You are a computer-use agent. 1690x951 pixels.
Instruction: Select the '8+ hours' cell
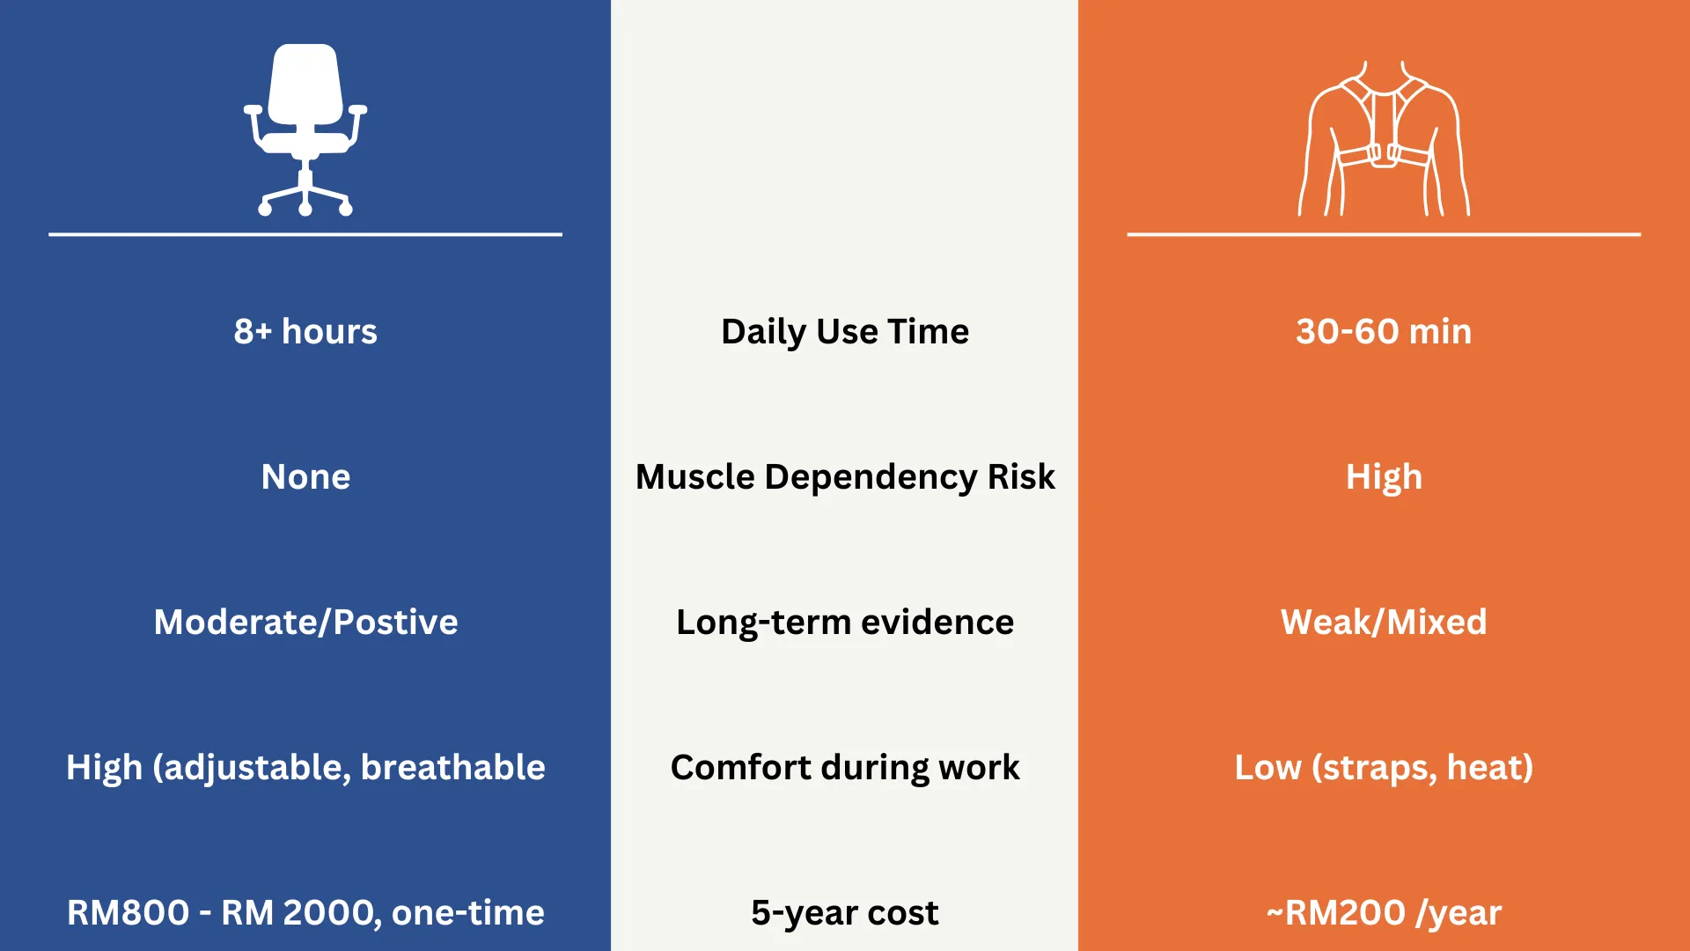tap(305, 331)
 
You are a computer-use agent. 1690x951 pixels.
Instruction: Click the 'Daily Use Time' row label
tap(845, 332)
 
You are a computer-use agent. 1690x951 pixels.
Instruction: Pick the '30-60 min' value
tap(1384, 331)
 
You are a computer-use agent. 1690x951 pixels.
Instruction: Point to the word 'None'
tap(305, 476)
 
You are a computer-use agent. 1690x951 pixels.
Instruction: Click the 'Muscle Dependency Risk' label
tap(845, 477)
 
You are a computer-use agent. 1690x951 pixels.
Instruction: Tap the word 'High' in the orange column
tap(1384, 477)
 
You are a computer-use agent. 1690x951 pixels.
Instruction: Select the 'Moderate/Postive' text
tap(305, 622)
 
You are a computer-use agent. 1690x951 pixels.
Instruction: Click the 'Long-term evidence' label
tap(845, 623)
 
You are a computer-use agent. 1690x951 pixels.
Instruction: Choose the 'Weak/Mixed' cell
tap(1384, 622)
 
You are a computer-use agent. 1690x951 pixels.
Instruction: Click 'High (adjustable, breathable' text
tap(305, 768)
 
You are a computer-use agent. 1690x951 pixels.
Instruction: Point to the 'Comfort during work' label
tap(845, 768)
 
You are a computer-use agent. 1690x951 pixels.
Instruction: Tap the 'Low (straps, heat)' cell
tap(1384, 768)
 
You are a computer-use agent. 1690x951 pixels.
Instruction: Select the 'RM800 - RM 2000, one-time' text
tap(305, 913)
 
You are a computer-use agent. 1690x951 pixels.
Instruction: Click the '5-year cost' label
tap(845, 913)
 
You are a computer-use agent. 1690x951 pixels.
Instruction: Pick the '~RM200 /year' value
tap(1384, 913)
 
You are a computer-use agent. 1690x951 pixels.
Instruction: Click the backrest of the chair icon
tap(305, 84)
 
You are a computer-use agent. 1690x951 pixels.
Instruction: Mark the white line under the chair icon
tap(305, 234)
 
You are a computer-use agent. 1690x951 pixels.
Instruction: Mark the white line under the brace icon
tap(1384, 234)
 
